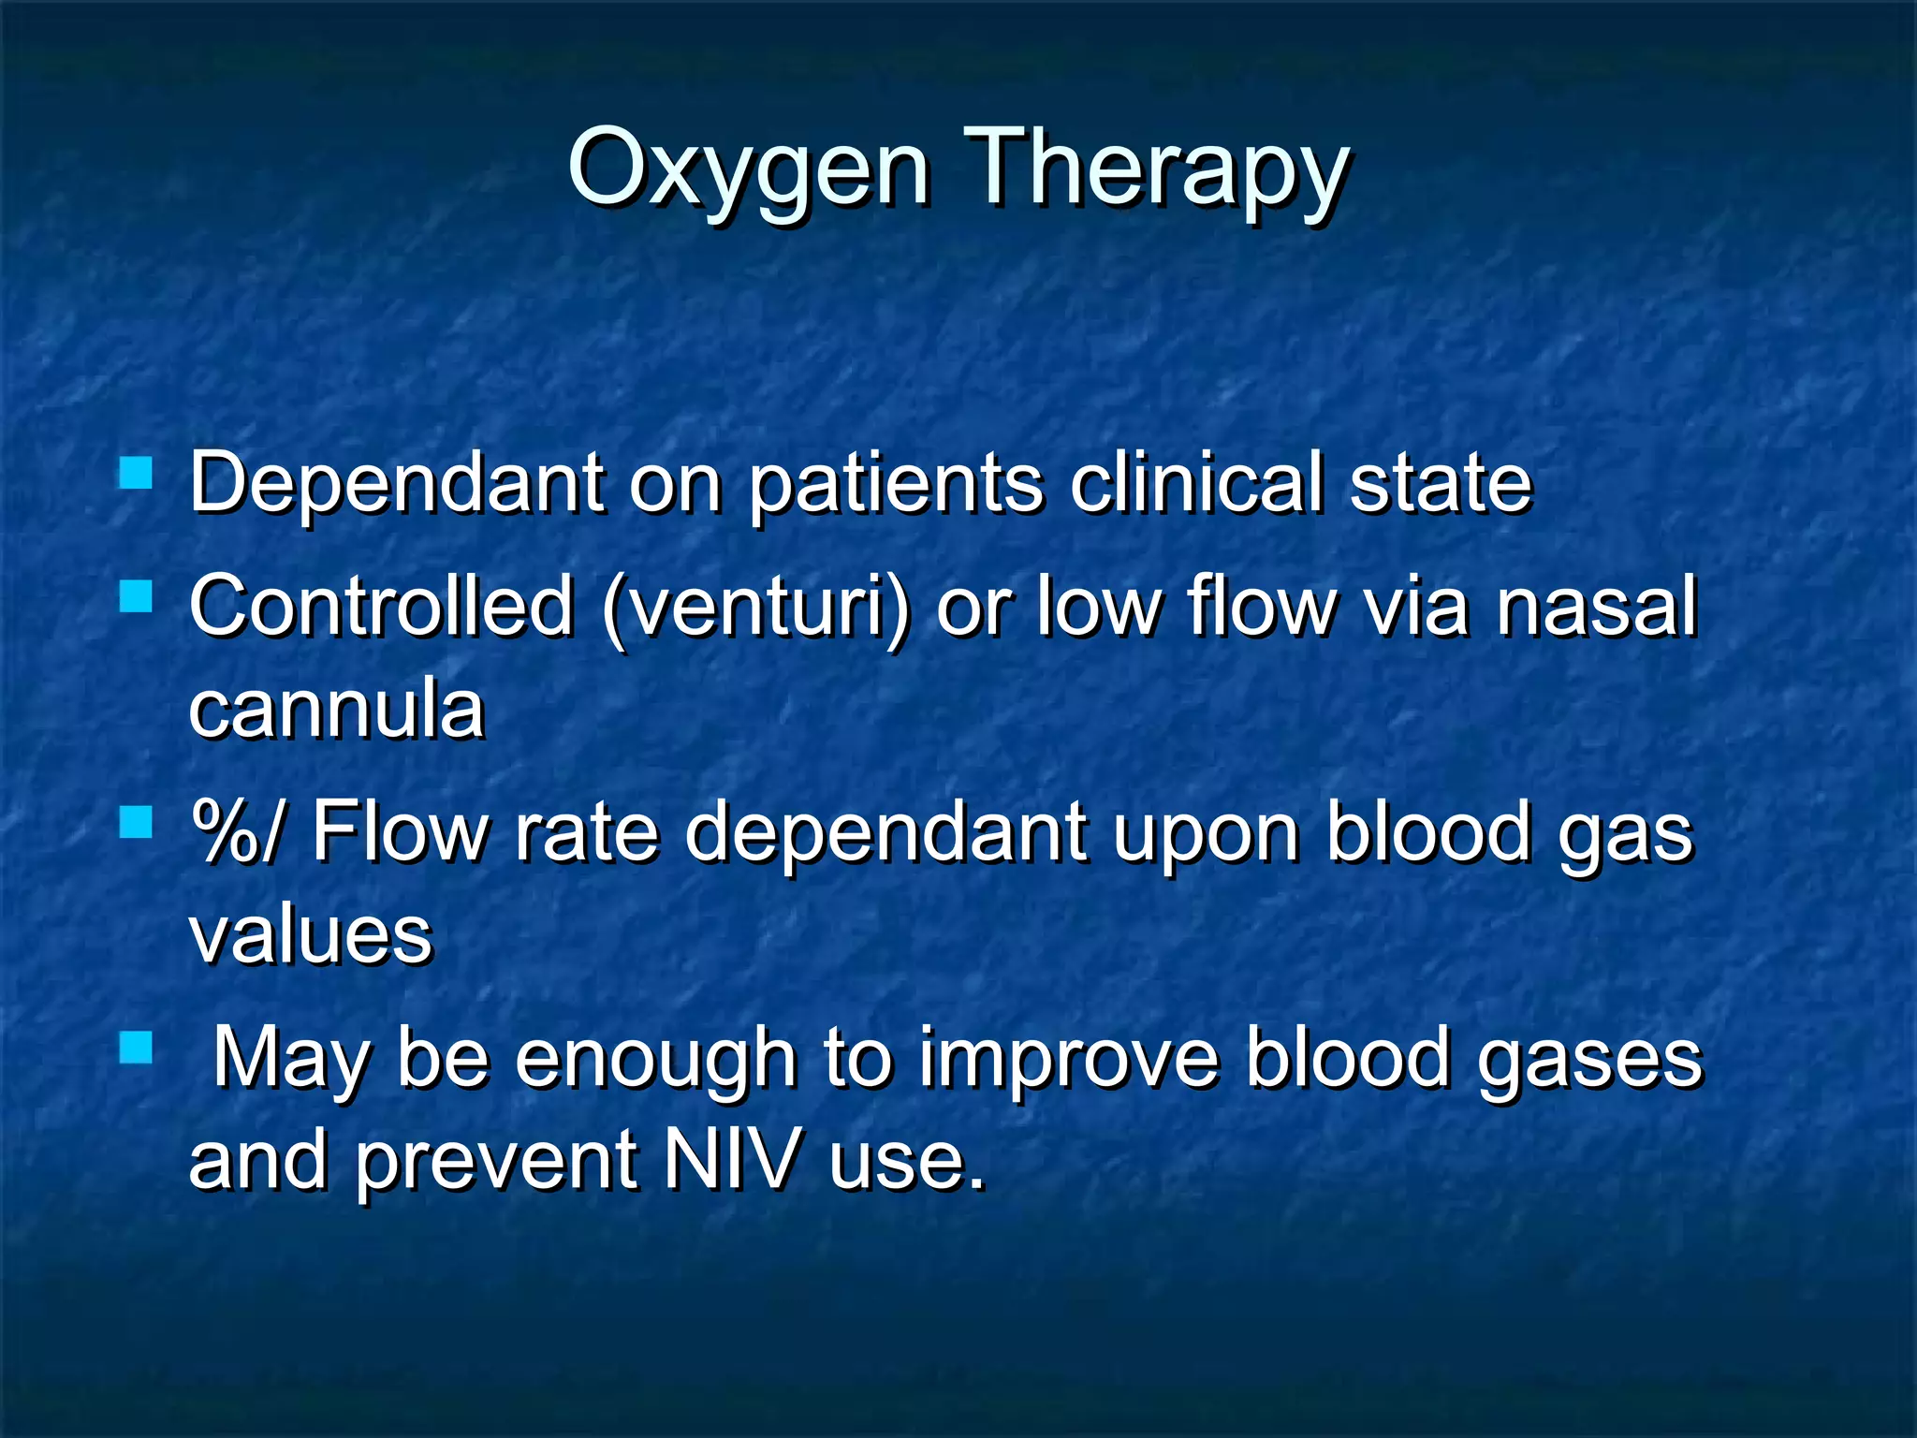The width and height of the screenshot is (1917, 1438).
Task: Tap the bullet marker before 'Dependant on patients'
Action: [137, 473]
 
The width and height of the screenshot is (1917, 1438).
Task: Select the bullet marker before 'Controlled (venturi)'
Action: [137, 595]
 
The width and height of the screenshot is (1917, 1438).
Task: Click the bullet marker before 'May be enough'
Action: [137, 1048]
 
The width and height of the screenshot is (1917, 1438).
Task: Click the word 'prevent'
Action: [496, 1161]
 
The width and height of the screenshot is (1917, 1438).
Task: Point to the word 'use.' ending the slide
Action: [907, 1161]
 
